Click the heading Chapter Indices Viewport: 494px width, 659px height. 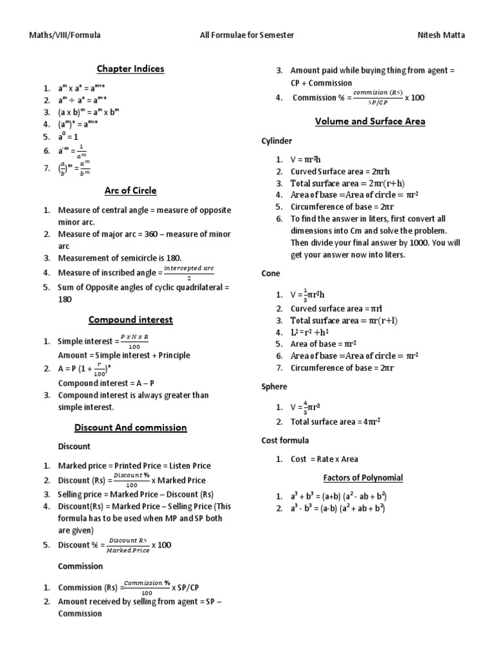(x=131, y=69)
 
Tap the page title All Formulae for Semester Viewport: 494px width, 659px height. (x=247, y=35)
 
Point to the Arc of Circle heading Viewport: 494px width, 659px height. (x=131, y=190)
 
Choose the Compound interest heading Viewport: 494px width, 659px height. (x=131, y=320)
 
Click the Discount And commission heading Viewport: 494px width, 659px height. (x=131, y=427)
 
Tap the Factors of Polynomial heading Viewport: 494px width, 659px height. (x=362, y=478)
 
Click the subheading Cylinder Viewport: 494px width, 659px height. (x=277, y=141)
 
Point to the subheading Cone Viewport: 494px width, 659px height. (x=271, y=274)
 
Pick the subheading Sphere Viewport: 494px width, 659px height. (x=274, y=387)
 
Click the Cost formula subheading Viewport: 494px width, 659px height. (x=285, y=440)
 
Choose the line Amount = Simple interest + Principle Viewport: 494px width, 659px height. (x=124, y=355)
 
